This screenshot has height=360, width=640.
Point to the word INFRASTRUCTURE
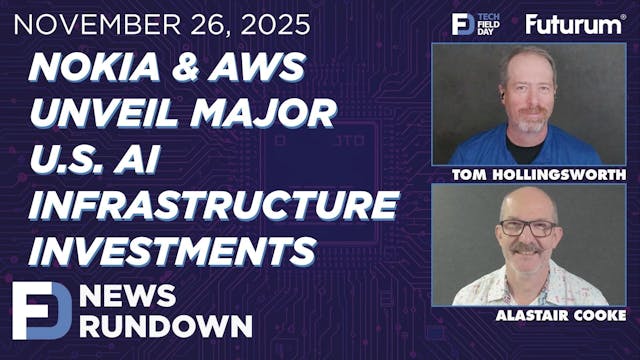(x=213, y=203)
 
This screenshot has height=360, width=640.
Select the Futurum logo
(x=574, y=24)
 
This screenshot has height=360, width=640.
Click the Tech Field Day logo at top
(x=475, y=24)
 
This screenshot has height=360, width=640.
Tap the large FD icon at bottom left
(x=41, y=311)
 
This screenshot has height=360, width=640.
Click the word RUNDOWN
(x=169, y=326)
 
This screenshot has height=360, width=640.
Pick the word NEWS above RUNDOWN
(x=134, y=296)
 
